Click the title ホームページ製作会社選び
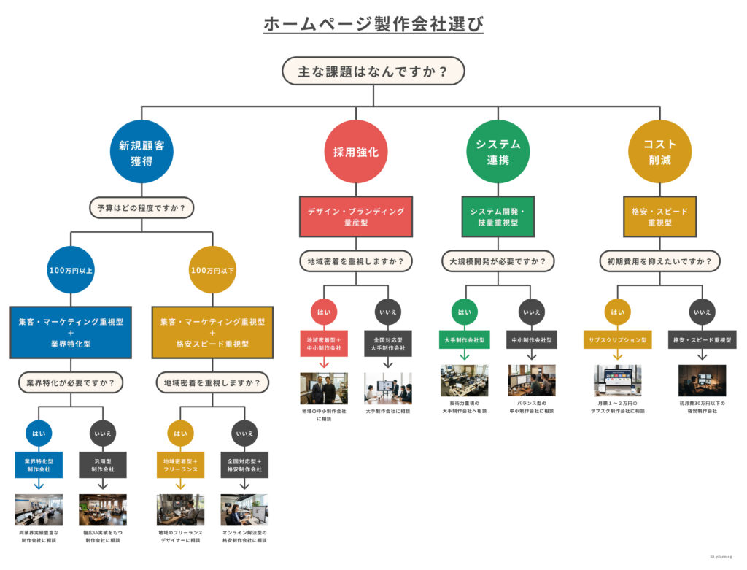373,23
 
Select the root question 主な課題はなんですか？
373,72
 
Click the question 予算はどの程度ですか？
142,208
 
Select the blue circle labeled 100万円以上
71,270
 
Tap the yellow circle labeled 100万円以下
212,270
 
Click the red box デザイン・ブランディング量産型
355,216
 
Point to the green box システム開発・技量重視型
498,216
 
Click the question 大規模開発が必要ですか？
498,260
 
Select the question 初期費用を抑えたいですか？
660,260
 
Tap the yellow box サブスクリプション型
617,340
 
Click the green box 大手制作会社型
464,340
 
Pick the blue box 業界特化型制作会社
39,465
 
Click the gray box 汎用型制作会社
102,465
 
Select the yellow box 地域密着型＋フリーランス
180,465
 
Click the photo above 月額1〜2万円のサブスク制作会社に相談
617,380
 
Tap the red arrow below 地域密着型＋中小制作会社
323,363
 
